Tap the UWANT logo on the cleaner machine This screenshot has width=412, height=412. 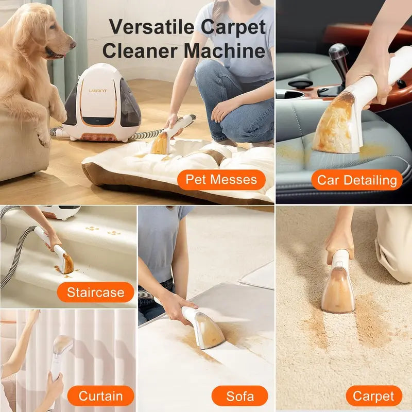(x=98, y=91)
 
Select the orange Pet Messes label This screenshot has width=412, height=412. (x=221, y=180)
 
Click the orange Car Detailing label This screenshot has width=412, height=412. (x=357, y=180)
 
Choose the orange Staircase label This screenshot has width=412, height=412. (x=96, y=292)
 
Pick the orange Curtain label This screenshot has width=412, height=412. (x=100, y=396)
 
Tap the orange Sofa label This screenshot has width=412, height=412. (x=240, y=396)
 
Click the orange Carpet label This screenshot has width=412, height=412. (x=374, y=396)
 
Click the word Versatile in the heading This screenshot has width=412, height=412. (x=152, y=27)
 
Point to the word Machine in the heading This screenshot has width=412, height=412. (x=225, y=50)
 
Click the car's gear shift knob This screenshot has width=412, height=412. (x=339, y=53)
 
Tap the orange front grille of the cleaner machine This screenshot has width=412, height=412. (x=98, y=137)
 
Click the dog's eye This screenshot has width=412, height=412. (x=54, y=27)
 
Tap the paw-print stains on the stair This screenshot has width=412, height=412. (x=103, y=230)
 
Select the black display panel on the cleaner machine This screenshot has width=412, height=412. (x=97, y=121)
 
